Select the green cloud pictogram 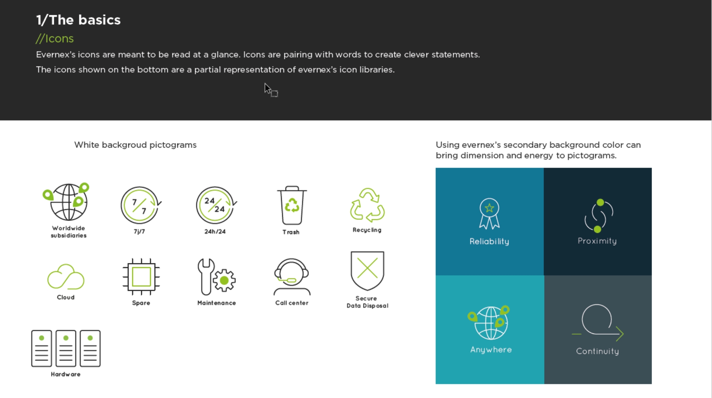point(66,277)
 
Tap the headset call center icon point(292,276)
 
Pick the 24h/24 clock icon point(215,205)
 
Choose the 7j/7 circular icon point(140,205)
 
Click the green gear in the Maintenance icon point(224,280)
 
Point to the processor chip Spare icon point(141,277)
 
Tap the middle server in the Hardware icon point(66,348)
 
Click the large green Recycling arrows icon point(367,205)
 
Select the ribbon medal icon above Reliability point(489,214)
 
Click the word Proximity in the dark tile point(597,241)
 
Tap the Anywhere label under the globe point(491,350)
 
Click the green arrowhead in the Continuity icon point(620,334)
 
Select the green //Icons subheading point(55,39)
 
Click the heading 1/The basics point(78,20)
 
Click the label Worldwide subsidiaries point(69,232)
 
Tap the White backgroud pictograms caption point(135,145)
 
